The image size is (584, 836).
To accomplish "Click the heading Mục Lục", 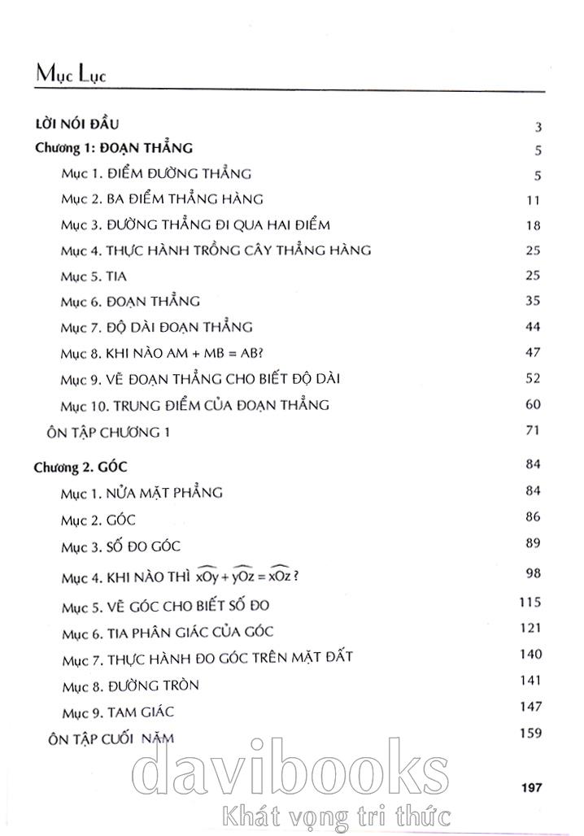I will pos(72,74).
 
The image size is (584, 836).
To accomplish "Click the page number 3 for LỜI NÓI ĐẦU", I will pos(538,127).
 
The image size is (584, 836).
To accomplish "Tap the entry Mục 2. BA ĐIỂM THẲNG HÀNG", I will pos(162,199).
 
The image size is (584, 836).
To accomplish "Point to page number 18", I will pos(534,225).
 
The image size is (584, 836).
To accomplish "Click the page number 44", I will pos(534,327).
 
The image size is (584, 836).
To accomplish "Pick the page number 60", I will pos(534,404).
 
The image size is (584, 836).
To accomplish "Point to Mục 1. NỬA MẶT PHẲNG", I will pos(142,493).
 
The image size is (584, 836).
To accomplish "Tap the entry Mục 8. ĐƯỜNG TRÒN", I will pos(129,686).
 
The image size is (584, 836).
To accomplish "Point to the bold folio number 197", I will pos(530,786).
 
